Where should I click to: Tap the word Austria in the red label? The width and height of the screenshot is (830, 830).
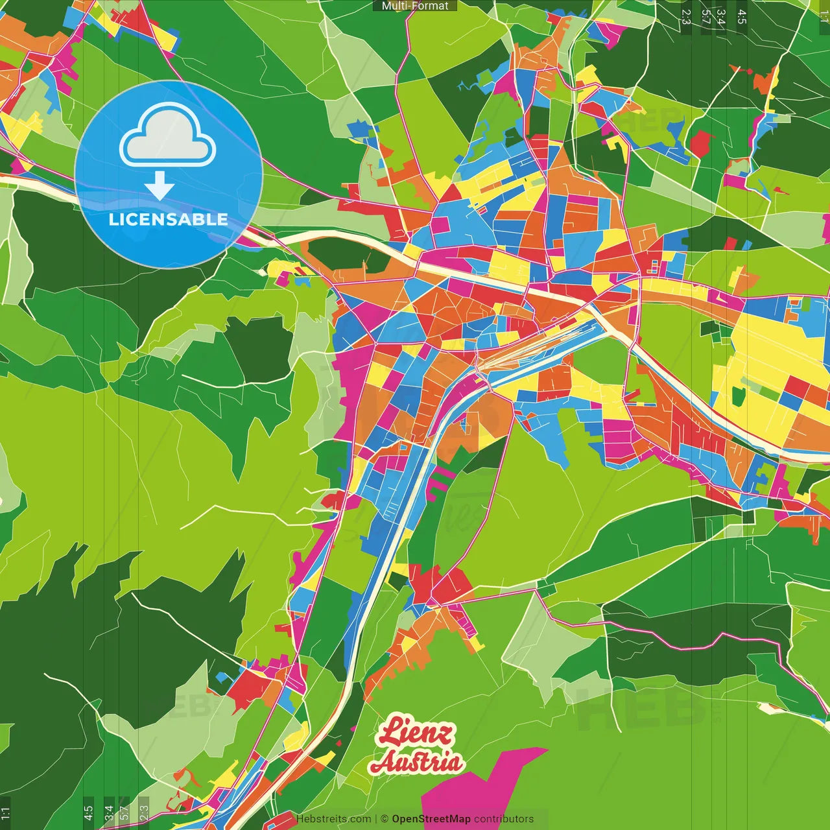tap(417, 763)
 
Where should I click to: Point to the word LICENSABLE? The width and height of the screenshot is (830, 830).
tap(169, 219)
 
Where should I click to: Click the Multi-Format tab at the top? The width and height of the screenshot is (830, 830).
tap(415, 6)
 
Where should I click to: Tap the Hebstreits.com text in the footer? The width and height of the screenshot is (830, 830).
tap(333, 819)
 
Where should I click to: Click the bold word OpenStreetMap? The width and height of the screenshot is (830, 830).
tap(431, 819)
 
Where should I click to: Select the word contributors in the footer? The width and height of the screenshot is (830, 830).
tap(504, 819)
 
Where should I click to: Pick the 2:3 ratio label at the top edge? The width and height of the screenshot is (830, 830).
tap(686, 17)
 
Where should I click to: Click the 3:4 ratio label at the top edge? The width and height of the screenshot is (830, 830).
tap(720, 17)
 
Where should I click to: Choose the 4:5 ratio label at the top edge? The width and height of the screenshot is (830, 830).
tap(742, 17)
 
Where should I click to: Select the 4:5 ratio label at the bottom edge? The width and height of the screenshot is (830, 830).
tap(89, 812)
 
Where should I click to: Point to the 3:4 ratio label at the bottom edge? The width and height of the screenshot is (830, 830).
tap(110, 812)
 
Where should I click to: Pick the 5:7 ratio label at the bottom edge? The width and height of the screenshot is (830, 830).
tap(124, 811)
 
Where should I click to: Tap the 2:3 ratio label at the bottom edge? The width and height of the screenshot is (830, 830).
tap(144, 812)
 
